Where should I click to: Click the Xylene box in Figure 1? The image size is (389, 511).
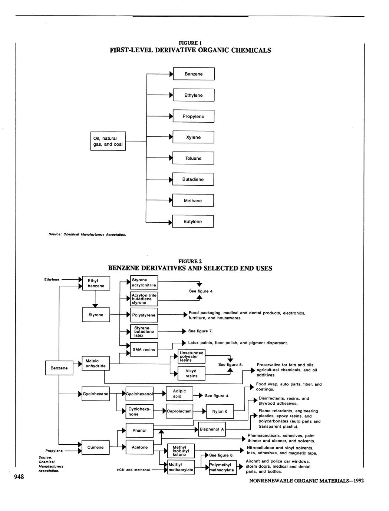point(193,137)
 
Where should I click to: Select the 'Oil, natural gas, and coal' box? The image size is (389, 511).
point(108,141)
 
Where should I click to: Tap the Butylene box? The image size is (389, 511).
point(193,222)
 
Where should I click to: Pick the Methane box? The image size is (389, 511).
point(193,201)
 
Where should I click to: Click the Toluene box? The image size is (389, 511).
point(193,159)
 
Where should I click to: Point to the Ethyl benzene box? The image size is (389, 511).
point(96,283)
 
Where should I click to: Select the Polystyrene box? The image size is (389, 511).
point(144,315)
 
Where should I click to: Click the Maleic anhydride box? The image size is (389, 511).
point(96,364)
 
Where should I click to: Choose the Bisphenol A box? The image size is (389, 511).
point(212,429)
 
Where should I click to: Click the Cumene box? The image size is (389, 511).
point(95,448)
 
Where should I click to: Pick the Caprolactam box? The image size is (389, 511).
point(179,411)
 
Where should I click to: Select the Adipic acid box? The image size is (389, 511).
point(179,394)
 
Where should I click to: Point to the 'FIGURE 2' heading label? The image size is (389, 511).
point(190,261)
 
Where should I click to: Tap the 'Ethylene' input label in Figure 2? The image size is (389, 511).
point(52,280)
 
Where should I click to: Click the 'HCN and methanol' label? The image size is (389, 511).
point(133,470)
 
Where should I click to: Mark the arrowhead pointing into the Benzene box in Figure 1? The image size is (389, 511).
point(171,74)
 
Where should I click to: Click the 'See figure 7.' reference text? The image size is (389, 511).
point(200,331)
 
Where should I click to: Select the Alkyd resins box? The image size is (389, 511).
point(191,374)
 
